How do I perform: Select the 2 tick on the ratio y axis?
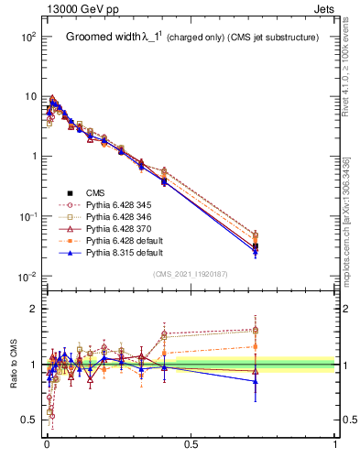(31, 309)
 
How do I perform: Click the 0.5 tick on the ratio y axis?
(27, 420)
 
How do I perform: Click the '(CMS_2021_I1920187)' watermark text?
(190, 274)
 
